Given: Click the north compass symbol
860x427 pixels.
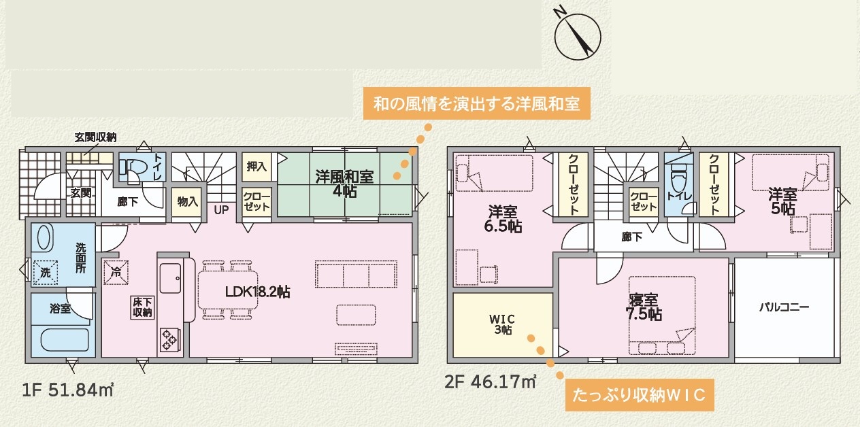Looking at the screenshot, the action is click(577, 36).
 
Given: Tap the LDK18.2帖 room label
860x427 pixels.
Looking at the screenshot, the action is click(258, 292).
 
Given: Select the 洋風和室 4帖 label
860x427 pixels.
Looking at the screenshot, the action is click(344, 184).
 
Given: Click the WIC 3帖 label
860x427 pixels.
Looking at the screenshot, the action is click(502, 324).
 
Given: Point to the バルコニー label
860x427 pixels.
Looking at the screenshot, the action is click(784, 307).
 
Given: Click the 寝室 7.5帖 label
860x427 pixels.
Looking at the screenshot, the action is click(644, 307).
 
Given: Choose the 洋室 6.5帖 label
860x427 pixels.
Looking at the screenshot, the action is click(503, 219).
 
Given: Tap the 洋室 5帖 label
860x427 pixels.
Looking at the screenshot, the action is click(782, 201).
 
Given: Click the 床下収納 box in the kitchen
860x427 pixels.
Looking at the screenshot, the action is click(143, 307).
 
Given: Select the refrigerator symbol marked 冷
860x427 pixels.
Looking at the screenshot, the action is click(116, 273).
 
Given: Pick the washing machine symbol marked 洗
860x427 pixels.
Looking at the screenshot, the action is click(46, 273).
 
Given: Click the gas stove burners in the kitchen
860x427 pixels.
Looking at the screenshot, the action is click(169, 339).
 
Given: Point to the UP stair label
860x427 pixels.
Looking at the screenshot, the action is click(221, 210).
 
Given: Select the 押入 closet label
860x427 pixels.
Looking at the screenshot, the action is click(257, 167).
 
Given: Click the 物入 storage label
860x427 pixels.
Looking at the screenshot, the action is click(187, 201).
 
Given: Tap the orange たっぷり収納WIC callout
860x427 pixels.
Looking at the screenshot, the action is click(640, 395).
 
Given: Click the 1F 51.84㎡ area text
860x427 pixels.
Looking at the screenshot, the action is click(67, 390).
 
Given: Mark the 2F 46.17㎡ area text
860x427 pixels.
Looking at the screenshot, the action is click(491, 381).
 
